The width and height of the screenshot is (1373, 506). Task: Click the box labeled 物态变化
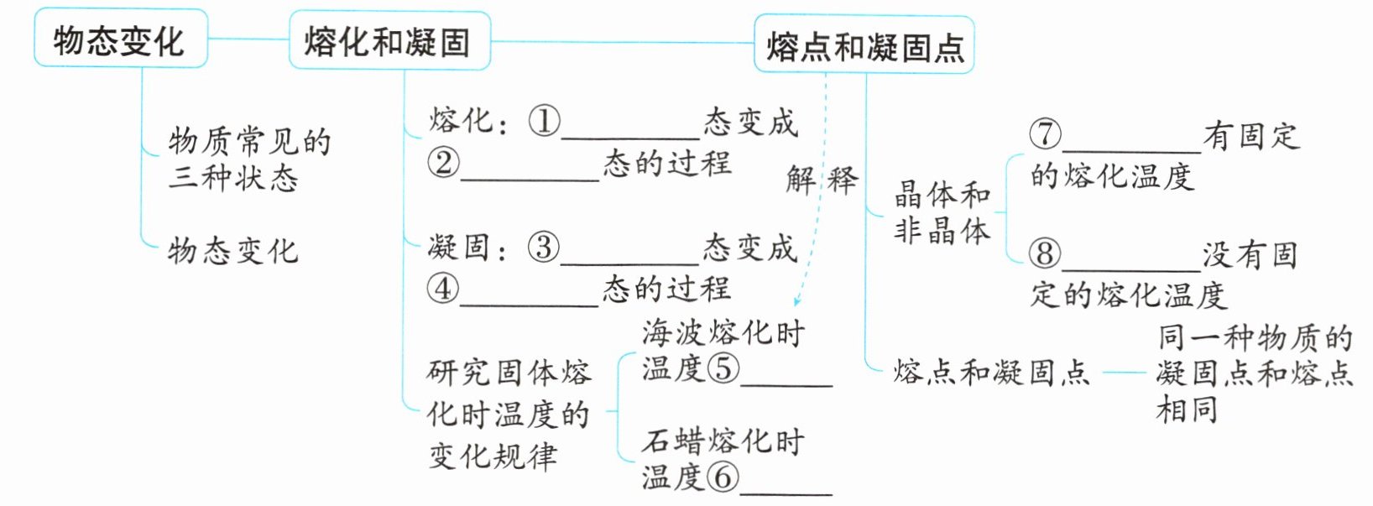click(120, 39)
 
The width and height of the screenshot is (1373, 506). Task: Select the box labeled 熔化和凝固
click(389, 41)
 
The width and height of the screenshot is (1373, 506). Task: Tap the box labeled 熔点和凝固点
click(864, 46)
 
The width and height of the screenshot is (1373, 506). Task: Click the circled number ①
click(544, 122)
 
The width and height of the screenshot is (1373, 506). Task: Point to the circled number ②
click(443, 163)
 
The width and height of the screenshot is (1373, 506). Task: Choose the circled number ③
click(543, 248)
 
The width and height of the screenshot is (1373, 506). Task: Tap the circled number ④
click(442, 289)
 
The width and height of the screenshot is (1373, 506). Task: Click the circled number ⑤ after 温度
click(723, 368)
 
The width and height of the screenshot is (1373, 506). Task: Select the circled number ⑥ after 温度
click(723, 477)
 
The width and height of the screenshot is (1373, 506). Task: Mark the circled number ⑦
click(1045, 134)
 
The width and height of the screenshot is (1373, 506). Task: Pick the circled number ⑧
click(1045, 253)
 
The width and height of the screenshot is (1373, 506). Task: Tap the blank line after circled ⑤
click(786, 383)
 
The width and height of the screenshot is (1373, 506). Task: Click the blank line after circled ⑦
click(1131, 149)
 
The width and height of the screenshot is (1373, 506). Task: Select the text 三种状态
click(233, 178)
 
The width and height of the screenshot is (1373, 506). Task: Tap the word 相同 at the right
click(1187, 409)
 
